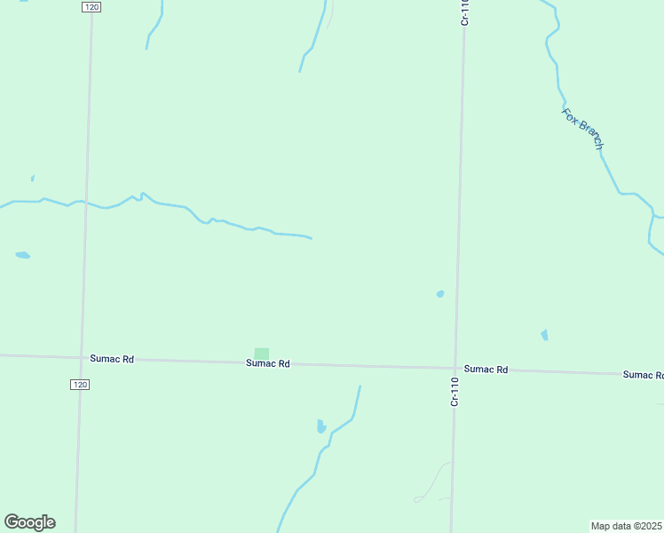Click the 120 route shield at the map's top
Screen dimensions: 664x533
pos(90,6)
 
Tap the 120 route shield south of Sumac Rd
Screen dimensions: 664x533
pos(80,385)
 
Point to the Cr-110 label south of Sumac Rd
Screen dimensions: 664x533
pos(455,392)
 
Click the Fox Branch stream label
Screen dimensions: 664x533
pos(583,128)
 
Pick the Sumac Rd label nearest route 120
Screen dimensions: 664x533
pos(112,359)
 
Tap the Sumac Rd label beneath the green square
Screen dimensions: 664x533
pos(268,363)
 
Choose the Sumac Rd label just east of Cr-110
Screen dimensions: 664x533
pos(486,369)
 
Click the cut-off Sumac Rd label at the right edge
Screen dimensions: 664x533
pos(643,375)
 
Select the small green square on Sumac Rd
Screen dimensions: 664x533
pos(261,354)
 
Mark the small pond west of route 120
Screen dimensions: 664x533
pos(23,256)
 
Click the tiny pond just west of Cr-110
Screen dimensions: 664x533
pos(439,293)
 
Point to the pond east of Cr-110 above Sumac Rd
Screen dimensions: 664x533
pos(544,335)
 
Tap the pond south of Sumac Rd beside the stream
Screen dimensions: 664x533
pos(321,426)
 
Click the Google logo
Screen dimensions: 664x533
pos(29,522)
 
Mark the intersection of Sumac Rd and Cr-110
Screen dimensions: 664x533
pos(456,367)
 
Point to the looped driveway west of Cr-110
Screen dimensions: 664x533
pos(432,484)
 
